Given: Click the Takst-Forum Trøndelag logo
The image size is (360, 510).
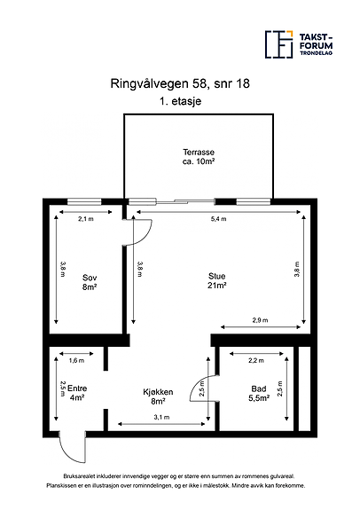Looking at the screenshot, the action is pyautogui.click(x=299, y=44).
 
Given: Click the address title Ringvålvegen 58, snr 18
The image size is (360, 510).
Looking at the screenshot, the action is pyautogui.click(x=180, y=83).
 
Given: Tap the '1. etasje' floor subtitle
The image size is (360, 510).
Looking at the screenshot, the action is pyautogui.click(x=181, y=101).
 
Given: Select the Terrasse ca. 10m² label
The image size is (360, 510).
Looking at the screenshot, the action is pyautogui.click(x=199, y=157).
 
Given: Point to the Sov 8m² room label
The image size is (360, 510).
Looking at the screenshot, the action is pyautogui.click(x=90, y=282).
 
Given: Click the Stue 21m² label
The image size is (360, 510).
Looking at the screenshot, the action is pyautogui.click(x=216, y=280).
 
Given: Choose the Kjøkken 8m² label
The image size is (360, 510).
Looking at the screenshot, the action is pyautogui.click(x=158, y=396).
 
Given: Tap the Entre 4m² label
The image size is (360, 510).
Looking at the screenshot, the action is pyautogui.click(x=77, y=393).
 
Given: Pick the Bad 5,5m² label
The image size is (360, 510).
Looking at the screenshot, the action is pyautogui.click(x=259, y=393).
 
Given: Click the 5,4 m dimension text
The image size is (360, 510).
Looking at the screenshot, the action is pyautogui.click(x=218, y=219).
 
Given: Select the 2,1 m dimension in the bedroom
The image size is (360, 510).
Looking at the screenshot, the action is pyautogui.click(x=86, y=219).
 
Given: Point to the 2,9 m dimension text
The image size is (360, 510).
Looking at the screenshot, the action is pyautogui.click(x=260, y=320).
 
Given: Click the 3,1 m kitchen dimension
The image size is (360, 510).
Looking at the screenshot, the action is pyautogui.click(x=161, y=417).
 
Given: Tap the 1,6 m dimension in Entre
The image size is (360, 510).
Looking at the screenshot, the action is pyautogui.click(x=76, y=360).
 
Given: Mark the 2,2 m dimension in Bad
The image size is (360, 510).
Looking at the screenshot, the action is pyautogui.click(x=256, y=360).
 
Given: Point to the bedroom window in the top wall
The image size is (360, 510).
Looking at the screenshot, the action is pyautogui.click(x=84, y=202).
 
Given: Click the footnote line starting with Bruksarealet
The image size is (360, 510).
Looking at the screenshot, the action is pyautogui.click(x=179, y=476).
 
